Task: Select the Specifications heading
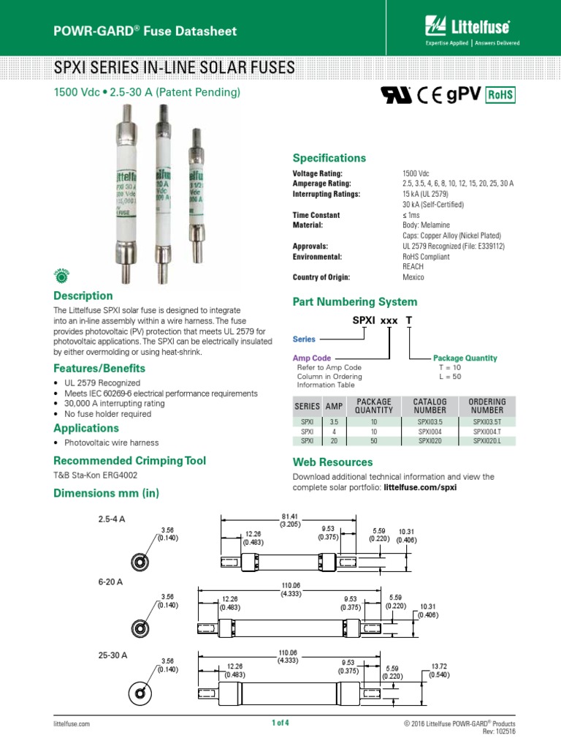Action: pos(329,158)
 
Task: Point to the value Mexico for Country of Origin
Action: pos(413,277)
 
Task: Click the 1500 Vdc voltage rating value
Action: pos(416,173)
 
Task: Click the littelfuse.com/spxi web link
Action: pos(420,487)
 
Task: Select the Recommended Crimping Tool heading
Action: pos(130,460)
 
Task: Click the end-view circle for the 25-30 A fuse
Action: pos(138,691)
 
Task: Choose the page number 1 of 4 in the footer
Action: pos(280,723)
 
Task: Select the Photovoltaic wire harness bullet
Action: pos(112,443)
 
